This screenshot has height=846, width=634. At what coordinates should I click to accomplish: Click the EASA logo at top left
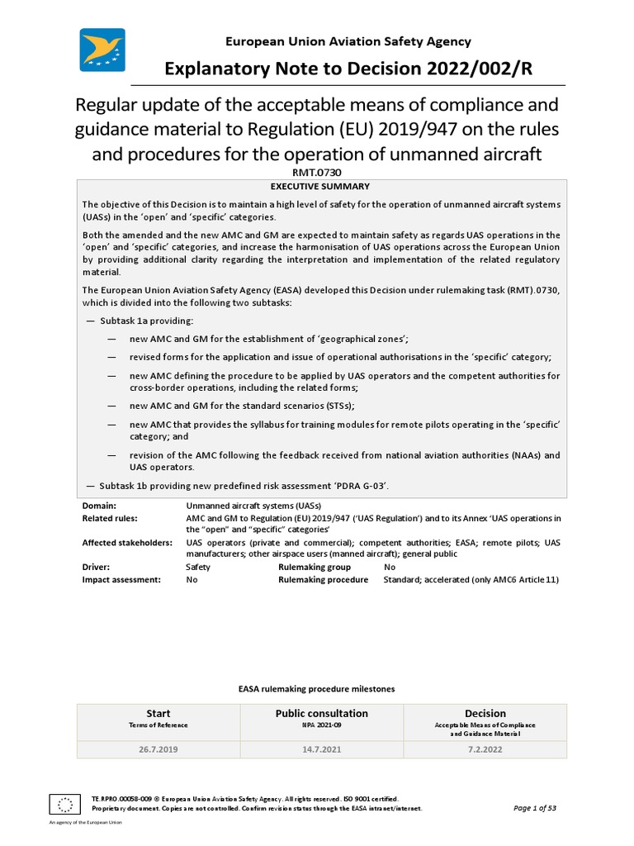(x=102, y=50)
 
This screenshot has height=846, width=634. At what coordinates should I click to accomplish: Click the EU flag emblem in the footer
(x=64, y=803)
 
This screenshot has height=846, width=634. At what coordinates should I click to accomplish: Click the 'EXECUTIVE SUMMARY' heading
(x=321, y=187)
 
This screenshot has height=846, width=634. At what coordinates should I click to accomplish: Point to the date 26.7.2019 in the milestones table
(x=158, y=750)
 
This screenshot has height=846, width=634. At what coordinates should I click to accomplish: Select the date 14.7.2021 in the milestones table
(x=321, y=750)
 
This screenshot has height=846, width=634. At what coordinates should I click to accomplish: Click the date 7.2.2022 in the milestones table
(x=485, y=750)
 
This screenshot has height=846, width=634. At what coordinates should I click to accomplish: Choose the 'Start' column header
(x=158, y=714)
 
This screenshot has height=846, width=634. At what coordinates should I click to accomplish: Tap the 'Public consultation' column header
(x=321, y=714)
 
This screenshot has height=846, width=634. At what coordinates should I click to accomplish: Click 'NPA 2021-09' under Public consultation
(x=321, y=725)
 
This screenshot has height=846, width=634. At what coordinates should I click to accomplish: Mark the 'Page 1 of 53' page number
(x=535, y=808)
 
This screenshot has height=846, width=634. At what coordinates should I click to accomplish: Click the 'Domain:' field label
(x=99, y=505)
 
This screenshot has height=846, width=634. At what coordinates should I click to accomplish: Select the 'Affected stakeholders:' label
(x=127, y=543)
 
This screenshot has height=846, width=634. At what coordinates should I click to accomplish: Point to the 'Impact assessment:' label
(x=121, y=580)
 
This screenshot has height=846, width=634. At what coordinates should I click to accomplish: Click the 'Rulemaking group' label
(x=315, y=568)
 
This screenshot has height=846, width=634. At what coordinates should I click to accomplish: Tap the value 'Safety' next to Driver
(x=199, y=568)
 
